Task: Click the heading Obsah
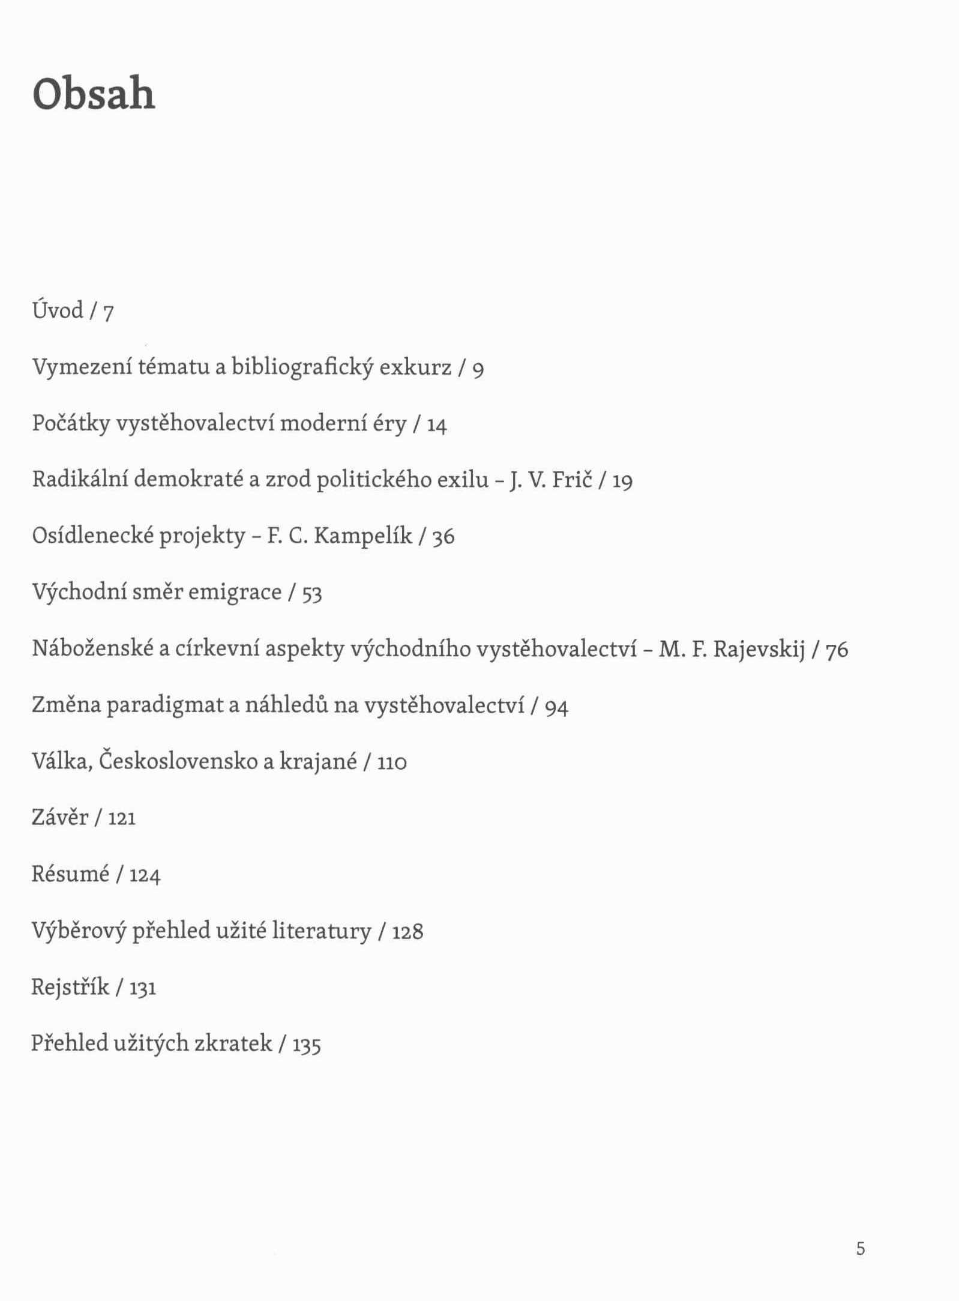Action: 94,94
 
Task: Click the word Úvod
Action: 58,310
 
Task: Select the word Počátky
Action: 71,423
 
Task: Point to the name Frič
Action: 572,479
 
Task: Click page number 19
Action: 622,481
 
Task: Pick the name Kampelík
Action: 363,536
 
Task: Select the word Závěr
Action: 60,817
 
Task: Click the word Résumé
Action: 70,874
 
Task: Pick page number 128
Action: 407,932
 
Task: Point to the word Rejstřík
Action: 70,987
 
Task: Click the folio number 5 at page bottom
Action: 861,1249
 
